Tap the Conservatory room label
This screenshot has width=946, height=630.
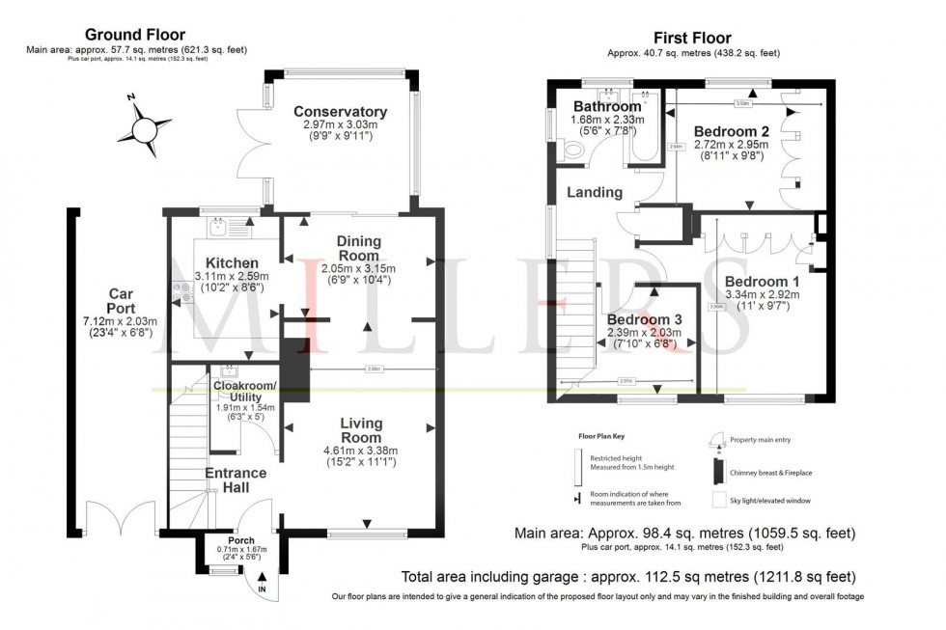(x=340, y=112)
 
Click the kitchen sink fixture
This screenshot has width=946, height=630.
(x=219, y=229)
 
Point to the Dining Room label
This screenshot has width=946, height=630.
(x=358, y=248)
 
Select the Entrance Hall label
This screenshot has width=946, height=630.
(x=235, y=481)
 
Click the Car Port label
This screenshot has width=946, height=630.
(x=121, y=301)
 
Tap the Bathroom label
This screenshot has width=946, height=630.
(x=607, y=106)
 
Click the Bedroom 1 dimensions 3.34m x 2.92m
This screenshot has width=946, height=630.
(x=762, y=296)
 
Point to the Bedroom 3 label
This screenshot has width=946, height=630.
(x=643, y=319)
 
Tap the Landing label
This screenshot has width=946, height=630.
(x=594, y=192)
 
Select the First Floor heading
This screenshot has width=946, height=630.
(x=693, y=36)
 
